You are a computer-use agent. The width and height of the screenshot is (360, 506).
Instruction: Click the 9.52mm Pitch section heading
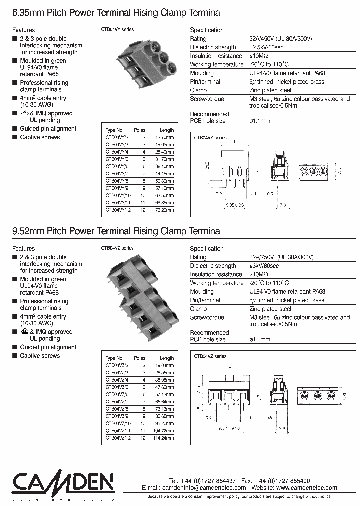[116, 231]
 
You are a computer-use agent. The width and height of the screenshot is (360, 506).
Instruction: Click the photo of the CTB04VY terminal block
[137, 64]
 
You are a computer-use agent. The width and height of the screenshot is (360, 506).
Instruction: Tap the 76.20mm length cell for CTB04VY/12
[164, 210]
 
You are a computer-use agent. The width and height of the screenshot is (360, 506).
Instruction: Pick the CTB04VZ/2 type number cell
[117, 365]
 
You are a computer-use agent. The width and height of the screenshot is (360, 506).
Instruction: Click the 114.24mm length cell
[163, 438]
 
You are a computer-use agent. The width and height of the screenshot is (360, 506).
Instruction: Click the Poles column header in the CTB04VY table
[140, 130]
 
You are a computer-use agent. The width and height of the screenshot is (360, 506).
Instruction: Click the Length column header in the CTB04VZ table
[167, 358]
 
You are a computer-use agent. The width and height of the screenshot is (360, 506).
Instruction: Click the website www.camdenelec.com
[306, 488]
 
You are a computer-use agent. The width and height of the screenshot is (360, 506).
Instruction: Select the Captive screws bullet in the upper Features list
[40, 137]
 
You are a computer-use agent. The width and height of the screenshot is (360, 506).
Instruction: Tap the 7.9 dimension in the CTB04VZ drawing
[282, 428]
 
